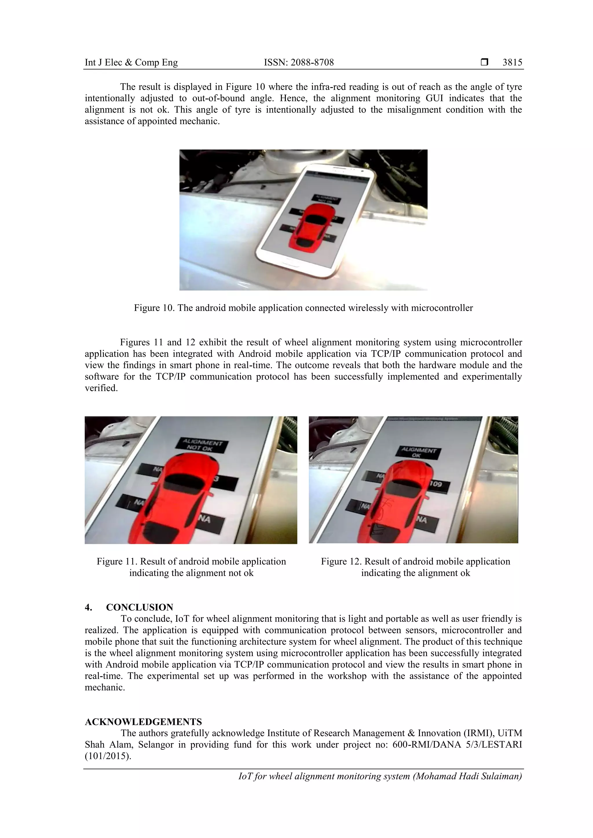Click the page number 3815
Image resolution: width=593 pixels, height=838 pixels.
point(512,62)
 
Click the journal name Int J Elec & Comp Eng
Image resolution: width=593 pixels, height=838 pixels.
point(131,62)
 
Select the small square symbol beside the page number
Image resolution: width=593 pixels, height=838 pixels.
point(484,62)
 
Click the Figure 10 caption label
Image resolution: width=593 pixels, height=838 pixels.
point(154,308)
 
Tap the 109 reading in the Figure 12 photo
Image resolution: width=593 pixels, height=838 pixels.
point(436,484)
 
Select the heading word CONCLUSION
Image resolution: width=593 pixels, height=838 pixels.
point(140,607)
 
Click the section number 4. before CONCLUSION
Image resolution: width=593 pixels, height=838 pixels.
point(88,607)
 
